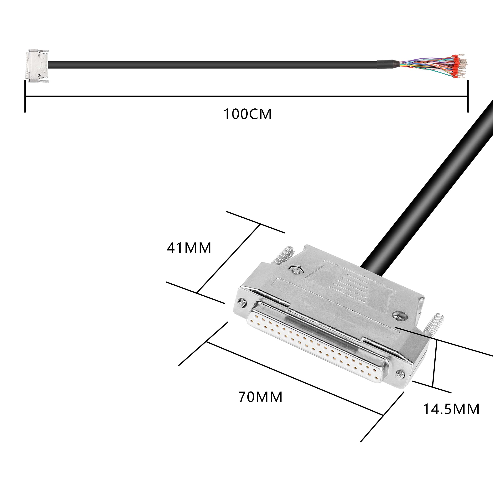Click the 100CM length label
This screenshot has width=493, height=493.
point(247,114)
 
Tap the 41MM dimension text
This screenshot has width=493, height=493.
point(189,248)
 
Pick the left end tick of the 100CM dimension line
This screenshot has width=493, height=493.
point(25,96)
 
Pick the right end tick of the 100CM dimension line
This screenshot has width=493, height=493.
point(468,96)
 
